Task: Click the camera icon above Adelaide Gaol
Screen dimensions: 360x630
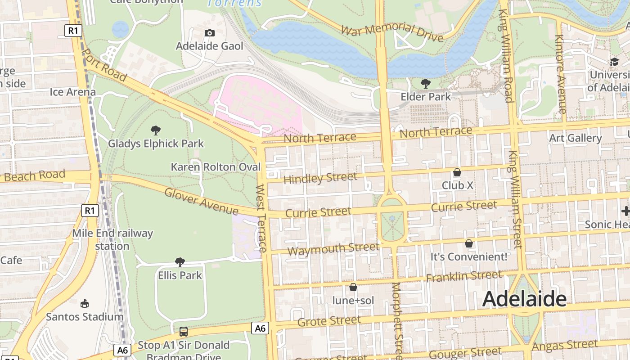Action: (x=209, y=33)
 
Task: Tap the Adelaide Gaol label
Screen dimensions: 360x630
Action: (x=209, y=46)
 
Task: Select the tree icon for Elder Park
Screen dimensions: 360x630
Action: (x=425, y=83)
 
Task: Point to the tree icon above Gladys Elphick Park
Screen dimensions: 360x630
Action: (x=156, y=130)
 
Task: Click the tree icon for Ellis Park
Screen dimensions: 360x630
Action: (x=180, y=262)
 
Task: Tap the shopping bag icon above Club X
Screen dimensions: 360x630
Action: (x=457, y=172)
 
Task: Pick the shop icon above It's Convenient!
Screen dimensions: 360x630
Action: (x=469, y=243)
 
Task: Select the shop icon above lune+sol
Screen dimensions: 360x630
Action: (x=353, y=287)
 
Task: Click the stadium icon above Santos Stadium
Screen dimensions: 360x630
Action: (x=85, y=303)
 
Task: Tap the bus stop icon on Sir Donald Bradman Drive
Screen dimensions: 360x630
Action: (x=184, y=332)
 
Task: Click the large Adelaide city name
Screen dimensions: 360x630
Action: (x=524, y=299)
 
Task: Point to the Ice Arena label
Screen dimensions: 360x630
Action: (x=72, y=92)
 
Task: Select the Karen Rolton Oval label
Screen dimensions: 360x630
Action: (x=216, y=167)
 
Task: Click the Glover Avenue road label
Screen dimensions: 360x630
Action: (x=201, y=201)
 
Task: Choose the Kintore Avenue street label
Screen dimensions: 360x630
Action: (x=560, y=74)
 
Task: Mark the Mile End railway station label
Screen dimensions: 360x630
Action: (x=112, y=239)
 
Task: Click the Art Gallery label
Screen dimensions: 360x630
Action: (x=575, y=138)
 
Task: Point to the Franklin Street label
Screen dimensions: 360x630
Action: (x=464, y=276)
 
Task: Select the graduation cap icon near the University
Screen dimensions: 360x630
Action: (x=614, y=62)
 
